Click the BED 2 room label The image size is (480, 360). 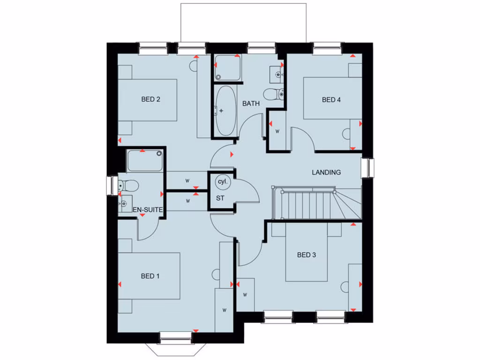[x=151, y=99]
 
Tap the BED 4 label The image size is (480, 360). [x=331, y=100]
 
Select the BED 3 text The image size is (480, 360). [x=307, y=255]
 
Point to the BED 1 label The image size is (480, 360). [x=150, y=276]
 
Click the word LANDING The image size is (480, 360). [x=326, y=172]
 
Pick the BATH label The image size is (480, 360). [x=251, y=104]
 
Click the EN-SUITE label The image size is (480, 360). [x=148, y=210]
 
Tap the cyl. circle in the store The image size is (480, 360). [x=221, y=181]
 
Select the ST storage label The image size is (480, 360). [x=220, y=198]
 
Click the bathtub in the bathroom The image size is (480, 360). [x=226, y=111]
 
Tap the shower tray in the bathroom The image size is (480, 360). [x=227, y=68]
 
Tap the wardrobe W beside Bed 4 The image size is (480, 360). [x=277, y=131]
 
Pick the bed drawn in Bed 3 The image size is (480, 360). [x=307, y=251]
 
